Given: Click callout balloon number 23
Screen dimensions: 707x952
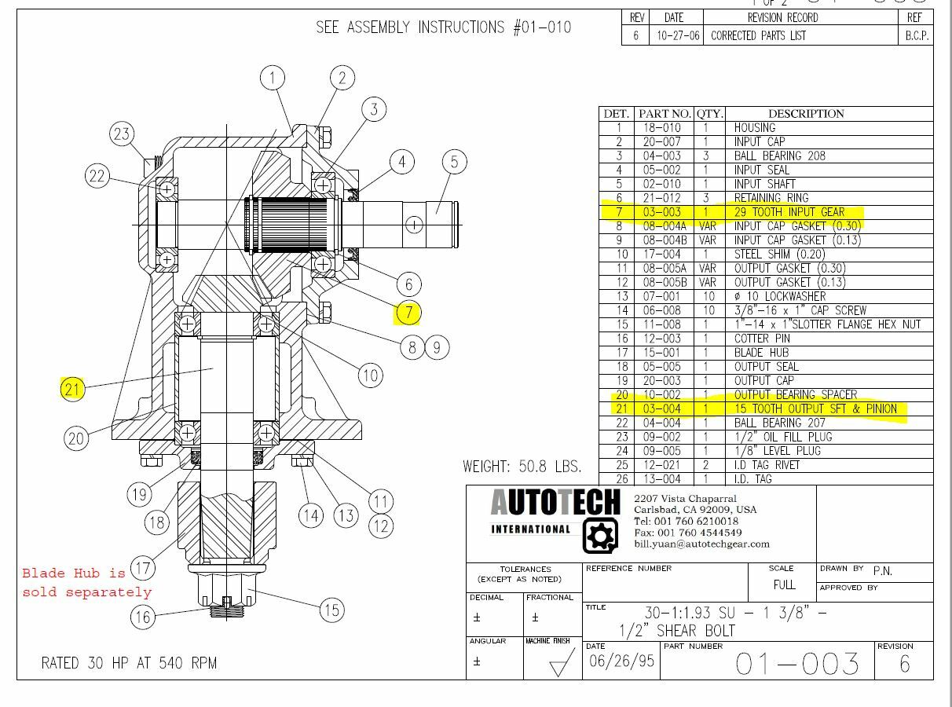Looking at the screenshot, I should coord(121,134).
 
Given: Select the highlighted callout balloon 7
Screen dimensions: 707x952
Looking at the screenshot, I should coord(408,313).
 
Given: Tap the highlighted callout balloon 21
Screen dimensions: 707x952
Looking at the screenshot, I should coord(72,389).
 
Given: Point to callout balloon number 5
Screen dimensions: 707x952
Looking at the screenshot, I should coord(454,163).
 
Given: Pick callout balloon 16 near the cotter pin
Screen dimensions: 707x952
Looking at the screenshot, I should coord(142,617).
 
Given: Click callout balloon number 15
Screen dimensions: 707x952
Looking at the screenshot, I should coord(332,610).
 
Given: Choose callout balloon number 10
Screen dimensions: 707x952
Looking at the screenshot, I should coord(371,375).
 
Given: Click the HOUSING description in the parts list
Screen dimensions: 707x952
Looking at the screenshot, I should coord(754,128).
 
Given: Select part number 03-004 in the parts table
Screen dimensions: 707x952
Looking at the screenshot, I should coord(661,409).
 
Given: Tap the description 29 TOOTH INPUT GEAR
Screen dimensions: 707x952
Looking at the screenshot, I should coord(789,212).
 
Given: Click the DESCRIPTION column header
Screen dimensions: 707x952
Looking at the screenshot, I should coord(805,114).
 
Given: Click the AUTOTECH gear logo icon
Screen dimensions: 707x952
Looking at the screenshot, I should coord(600,536).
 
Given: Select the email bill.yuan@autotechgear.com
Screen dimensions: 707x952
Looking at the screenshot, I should coord(701,544).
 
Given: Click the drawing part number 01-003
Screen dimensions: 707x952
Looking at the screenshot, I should coord(797,665).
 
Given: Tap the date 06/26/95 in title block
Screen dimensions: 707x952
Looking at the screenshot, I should coord(621,661).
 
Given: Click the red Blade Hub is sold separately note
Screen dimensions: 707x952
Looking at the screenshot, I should coord(86,582).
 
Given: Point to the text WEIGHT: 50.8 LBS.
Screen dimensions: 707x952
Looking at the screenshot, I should coord(522,467).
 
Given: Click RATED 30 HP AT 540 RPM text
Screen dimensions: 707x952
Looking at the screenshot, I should coord(129,663).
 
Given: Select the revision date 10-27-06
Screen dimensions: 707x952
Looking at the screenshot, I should coord(678,36).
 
